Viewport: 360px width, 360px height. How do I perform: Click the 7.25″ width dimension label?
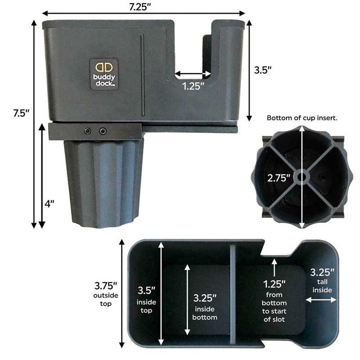139,7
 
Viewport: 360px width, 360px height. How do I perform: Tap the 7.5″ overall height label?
21,113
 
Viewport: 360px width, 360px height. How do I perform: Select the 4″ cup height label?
49,203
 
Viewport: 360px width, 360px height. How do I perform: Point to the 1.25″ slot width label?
193,86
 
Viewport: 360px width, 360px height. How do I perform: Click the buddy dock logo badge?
104,74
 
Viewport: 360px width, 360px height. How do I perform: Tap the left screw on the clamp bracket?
87,131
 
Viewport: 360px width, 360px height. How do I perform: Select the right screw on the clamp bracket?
103,131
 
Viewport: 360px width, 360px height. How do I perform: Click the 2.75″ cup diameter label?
279,178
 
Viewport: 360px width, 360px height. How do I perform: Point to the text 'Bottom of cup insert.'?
302,118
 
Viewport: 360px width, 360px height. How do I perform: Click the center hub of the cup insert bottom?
301,177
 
